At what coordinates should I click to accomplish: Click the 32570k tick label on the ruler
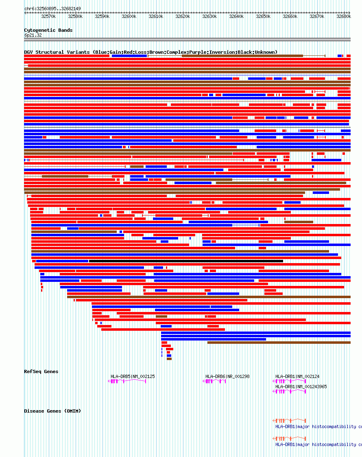(48, 17)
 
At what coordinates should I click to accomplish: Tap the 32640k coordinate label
(236, 17)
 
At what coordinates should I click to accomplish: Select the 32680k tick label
(344, 17)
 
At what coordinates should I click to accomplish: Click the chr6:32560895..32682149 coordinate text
(52, 9)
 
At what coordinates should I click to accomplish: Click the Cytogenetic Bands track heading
(48, 30)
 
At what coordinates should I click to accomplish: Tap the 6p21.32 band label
(33, 35)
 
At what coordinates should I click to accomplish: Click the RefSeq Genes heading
(41, 371)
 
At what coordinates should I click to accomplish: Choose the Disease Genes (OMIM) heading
(52, 411)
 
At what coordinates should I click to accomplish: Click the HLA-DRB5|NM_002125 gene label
(133, 376)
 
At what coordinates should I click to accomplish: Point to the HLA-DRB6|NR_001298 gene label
(227, 376)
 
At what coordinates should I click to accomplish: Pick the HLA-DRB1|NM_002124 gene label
(297, 376)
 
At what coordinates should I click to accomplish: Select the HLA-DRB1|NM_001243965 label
(301, 387)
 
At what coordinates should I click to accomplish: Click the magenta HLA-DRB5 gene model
(127, 381)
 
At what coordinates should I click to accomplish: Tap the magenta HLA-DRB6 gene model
(214, 381)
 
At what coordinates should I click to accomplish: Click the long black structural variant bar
(186, 261)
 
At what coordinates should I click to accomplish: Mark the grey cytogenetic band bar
(187, 40)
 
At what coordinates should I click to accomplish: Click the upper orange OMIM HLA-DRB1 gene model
(289, 420)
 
